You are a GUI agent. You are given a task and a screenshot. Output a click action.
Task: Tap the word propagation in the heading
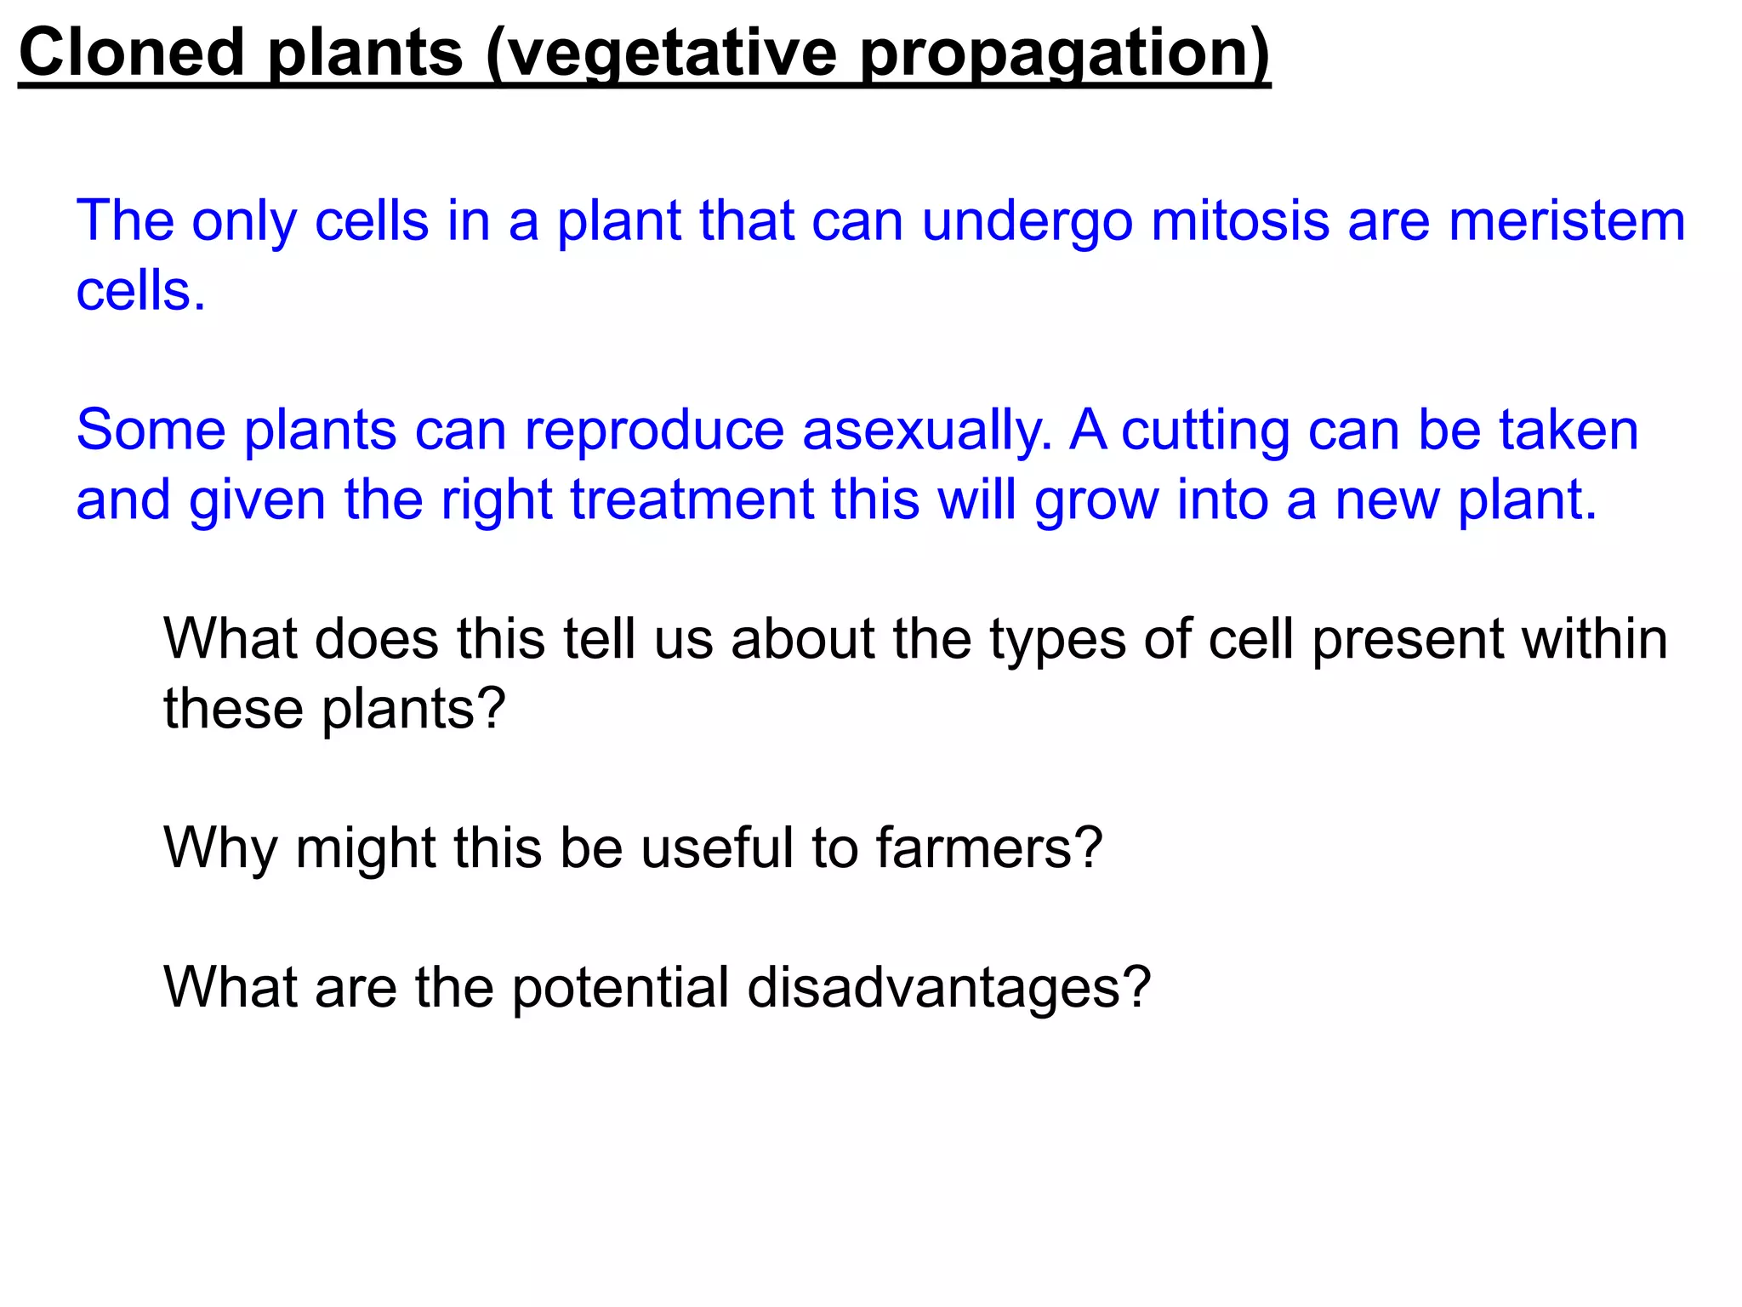tap(1063, 53)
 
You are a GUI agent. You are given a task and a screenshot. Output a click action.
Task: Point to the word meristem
tap(1567, 221)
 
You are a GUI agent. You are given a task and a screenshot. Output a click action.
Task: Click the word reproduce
tap(653, 430)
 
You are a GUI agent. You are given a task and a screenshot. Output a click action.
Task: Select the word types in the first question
tap(1057, 640)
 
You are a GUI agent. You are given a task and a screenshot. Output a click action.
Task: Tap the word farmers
tap(988, 848)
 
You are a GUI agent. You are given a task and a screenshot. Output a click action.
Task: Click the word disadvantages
tap(948, 988)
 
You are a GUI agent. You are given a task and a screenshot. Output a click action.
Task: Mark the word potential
tap(620, 988)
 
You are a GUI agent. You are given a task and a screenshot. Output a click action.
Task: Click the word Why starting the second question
tap(219, 848)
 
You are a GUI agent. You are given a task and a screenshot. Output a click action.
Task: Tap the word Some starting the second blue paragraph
tap(151, 430)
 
